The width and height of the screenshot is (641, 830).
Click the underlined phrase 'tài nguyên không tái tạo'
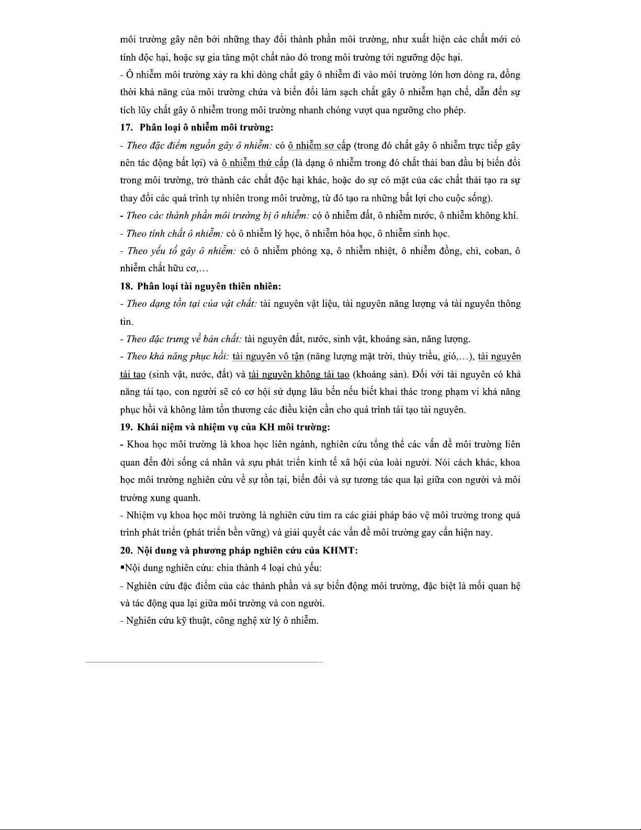click(x=299, y=375)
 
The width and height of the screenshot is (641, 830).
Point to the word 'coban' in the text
click(x=498, y=251)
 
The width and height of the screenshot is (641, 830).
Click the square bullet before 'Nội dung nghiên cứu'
click(x=122, y=568)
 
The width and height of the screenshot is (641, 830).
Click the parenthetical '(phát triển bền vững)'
click(x=226, y=533)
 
